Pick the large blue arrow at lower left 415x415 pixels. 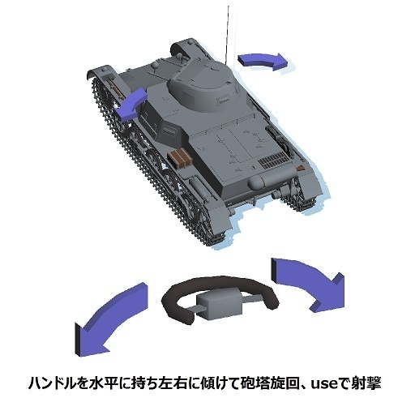[110, 317]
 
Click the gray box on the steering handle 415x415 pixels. [220, 303]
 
